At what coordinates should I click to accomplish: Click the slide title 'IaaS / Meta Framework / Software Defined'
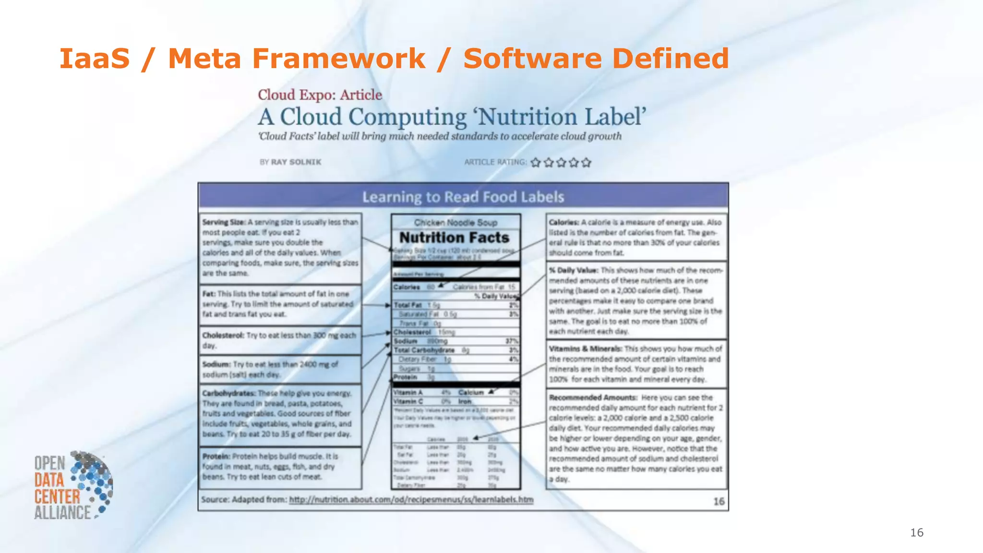click(x=394, y=59)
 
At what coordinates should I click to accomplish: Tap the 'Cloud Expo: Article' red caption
click(x=320, y=95)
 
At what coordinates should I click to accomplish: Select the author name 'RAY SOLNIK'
click(x=296, y=162)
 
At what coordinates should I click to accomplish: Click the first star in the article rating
click(x=536, y=163)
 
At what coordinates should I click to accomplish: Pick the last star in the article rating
click(x=586, y=163)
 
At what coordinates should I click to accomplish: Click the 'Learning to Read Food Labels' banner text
click(x=463, y=197)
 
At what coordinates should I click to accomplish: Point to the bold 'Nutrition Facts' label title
click(x=454, y=238)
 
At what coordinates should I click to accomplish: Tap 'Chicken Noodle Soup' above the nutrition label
click(x=456, y=223)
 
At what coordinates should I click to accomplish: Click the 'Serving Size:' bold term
click(x=224, y=222)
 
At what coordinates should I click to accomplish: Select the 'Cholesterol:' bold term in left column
click(x=223, y=335)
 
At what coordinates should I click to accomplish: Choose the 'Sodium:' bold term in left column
click(x=216, y=364)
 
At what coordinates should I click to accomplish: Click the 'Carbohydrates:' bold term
click(x=229, y=393)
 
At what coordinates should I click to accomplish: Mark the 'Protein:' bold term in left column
click(x=216, y=456)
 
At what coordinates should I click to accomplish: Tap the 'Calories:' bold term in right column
click(x=564, y=222)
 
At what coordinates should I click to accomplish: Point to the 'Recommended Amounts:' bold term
click(x=593, y=397)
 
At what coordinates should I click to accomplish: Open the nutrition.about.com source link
click(x=411, y=500)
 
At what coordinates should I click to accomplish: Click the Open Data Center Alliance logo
click(x=73, y=485)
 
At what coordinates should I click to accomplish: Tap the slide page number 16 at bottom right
click(x=916, y=532)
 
